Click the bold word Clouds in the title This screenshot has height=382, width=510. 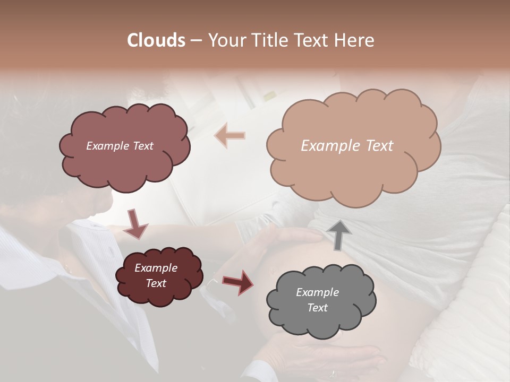(157, 40)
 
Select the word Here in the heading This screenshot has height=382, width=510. (356, 40)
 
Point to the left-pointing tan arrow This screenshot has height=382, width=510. (229, 135)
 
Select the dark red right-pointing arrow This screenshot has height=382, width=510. (238, 282)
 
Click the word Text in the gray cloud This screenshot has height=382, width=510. (318, 308)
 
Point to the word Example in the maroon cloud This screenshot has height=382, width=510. (156, 268)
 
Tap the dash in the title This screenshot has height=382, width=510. (195, 40)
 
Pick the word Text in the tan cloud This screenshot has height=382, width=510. (379, 146)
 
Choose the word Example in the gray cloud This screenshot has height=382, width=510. (317, 292)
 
